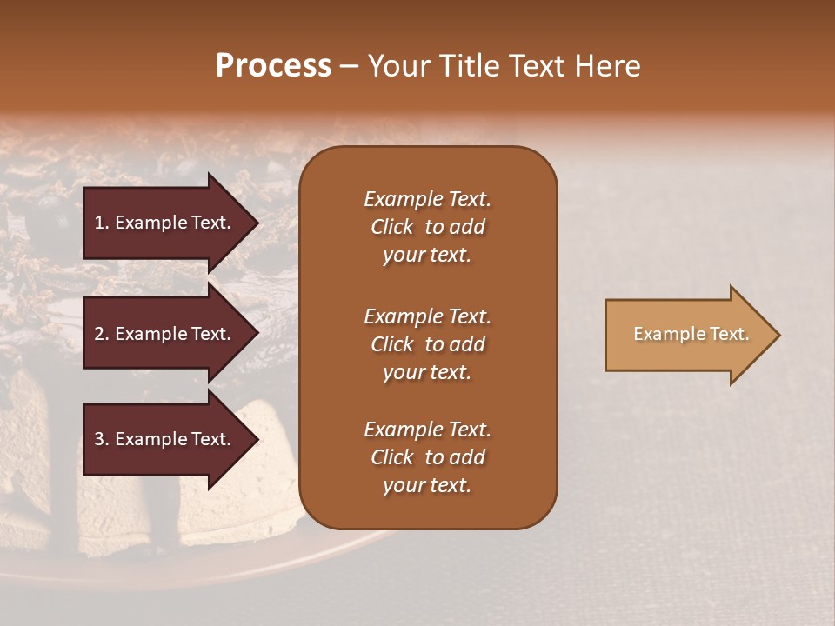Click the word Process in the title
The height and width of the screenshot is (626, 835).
273,66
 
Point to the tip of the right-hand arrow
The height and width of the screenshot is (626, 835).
778,335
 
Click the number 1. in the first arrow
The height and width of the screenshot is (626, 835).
102,223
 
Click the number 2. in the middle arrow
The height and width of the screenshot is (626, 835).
102,334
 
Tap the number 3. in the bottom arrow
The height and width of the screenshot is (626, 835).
102,439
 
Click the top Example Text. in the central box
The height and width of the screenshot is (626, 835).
427,199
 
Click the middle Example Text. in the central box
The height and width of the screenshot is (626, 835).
427,316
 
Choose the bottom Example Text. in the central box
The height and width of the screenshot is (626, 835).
427,430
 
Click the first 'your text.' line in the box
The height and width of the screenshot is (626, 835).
427,256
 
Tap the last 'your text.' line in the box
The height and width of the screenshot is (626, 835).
427,486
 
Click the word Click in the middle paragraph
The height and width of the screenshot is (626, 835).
391,344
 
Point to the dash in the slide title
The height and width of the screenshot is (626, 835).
349,67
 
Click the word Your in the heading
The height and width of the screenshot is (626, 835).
396,66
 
